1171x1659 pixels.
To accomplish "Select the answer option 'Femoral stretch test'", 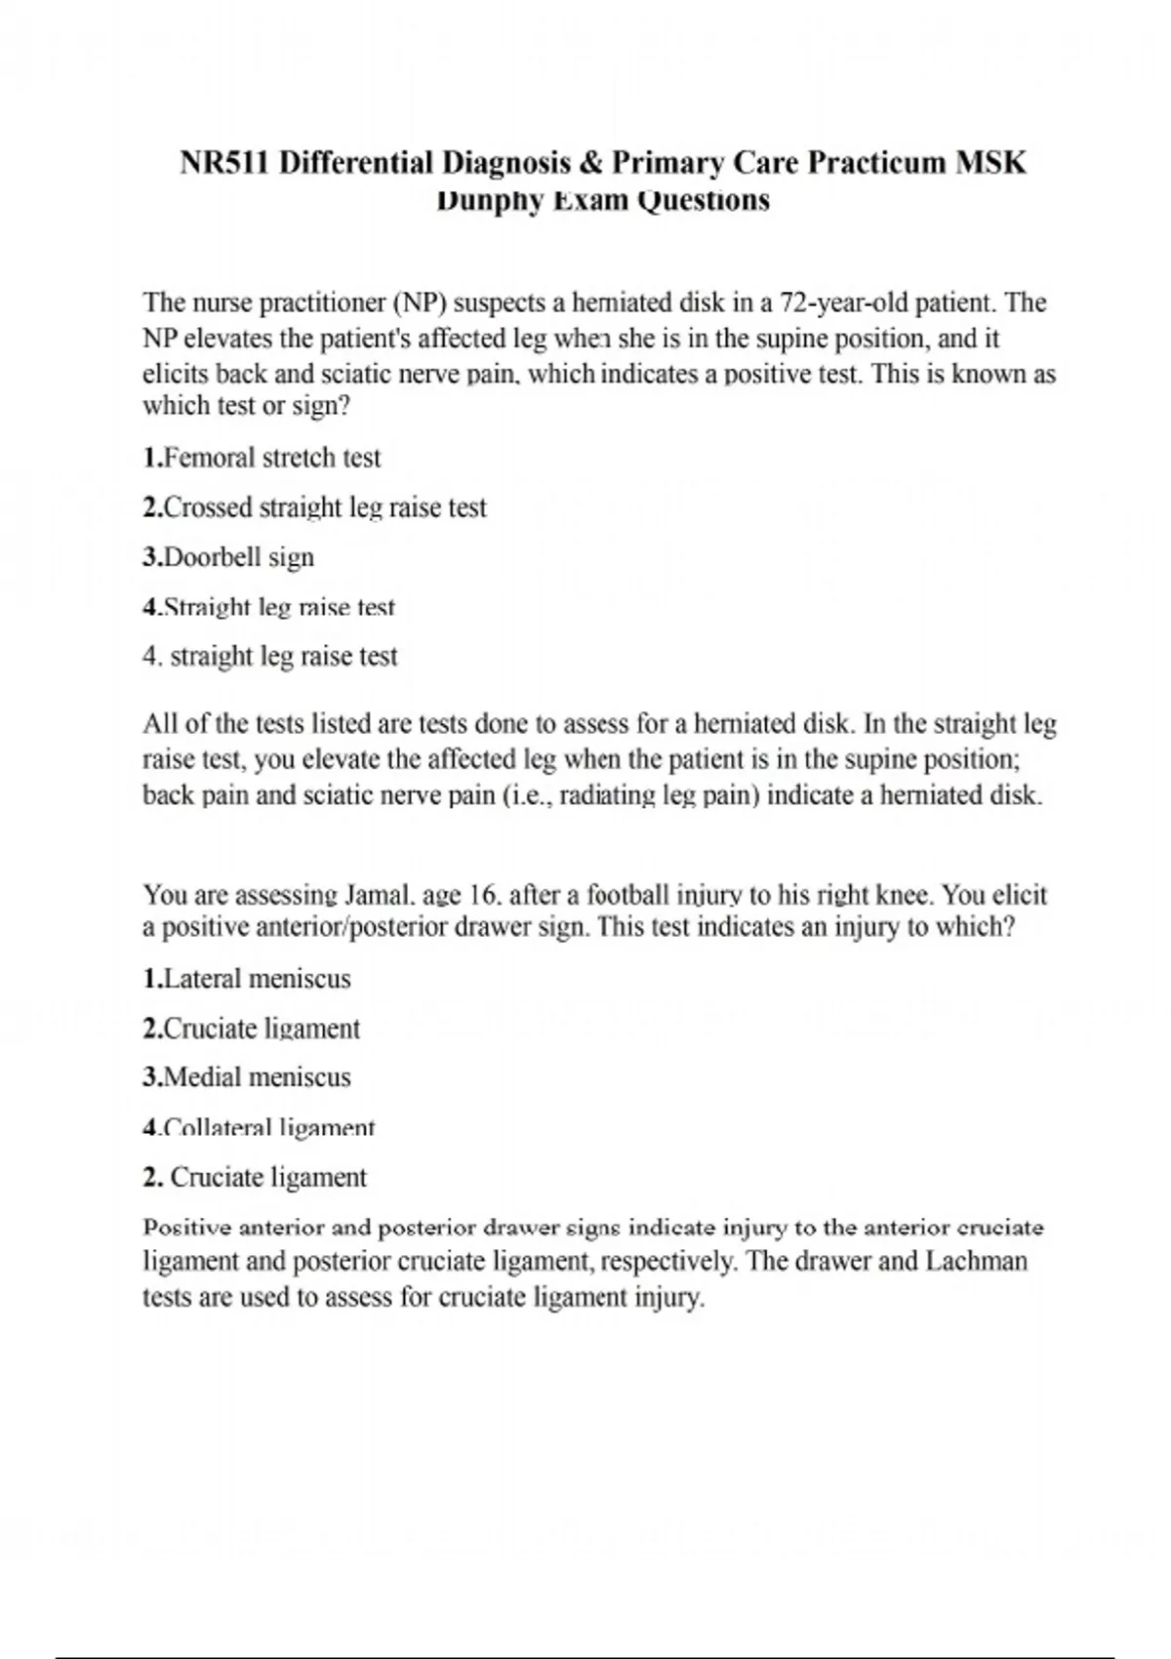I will point(272,458).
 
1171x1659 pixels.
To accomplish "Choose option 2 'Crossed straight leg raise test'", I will point(325,507).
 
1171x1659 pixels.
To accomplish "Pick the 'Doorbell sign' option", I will point(239,557).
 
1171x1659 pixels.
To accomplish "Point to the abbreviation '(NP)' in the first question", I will point(420,303).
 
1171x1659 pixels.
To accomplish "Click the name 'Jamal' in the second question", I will point(369,894).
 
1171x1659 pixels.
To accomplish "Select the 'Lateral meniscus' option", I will point(257,979).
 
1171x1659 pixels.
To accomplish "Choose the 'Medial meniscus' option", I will point(257,1077).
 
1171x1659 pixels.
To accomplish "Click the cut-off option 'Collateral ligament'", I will point(268,1128).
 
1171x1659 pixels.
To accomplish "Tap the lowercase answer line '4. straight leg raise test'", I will point(270,656).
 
